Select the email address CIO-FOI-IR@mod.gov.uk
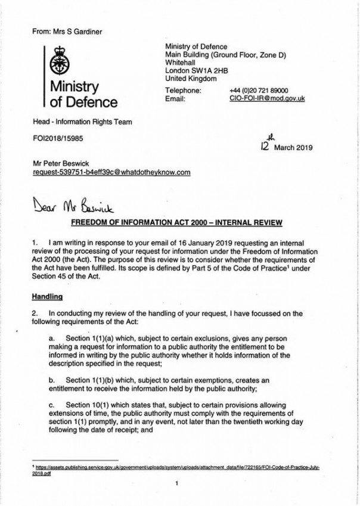266,98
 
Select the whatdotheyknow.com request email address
113,172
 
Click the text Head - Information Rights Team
82,123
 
